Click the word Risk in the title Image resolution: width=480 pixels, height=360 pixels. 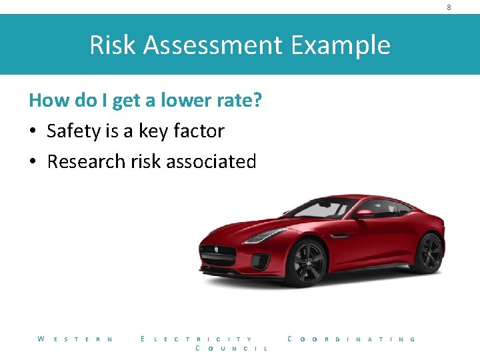coord(112,45)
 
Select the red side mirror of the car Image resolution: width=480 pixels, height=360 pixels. coord(364,214)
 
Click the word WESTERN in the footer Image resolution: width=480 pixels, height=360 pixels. coord(75,339)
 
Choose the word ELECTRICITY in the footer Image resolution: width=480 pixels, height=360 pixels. coord(197,339)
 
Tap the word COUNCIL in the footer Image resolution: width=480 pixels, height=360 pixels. coord(231,349)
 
